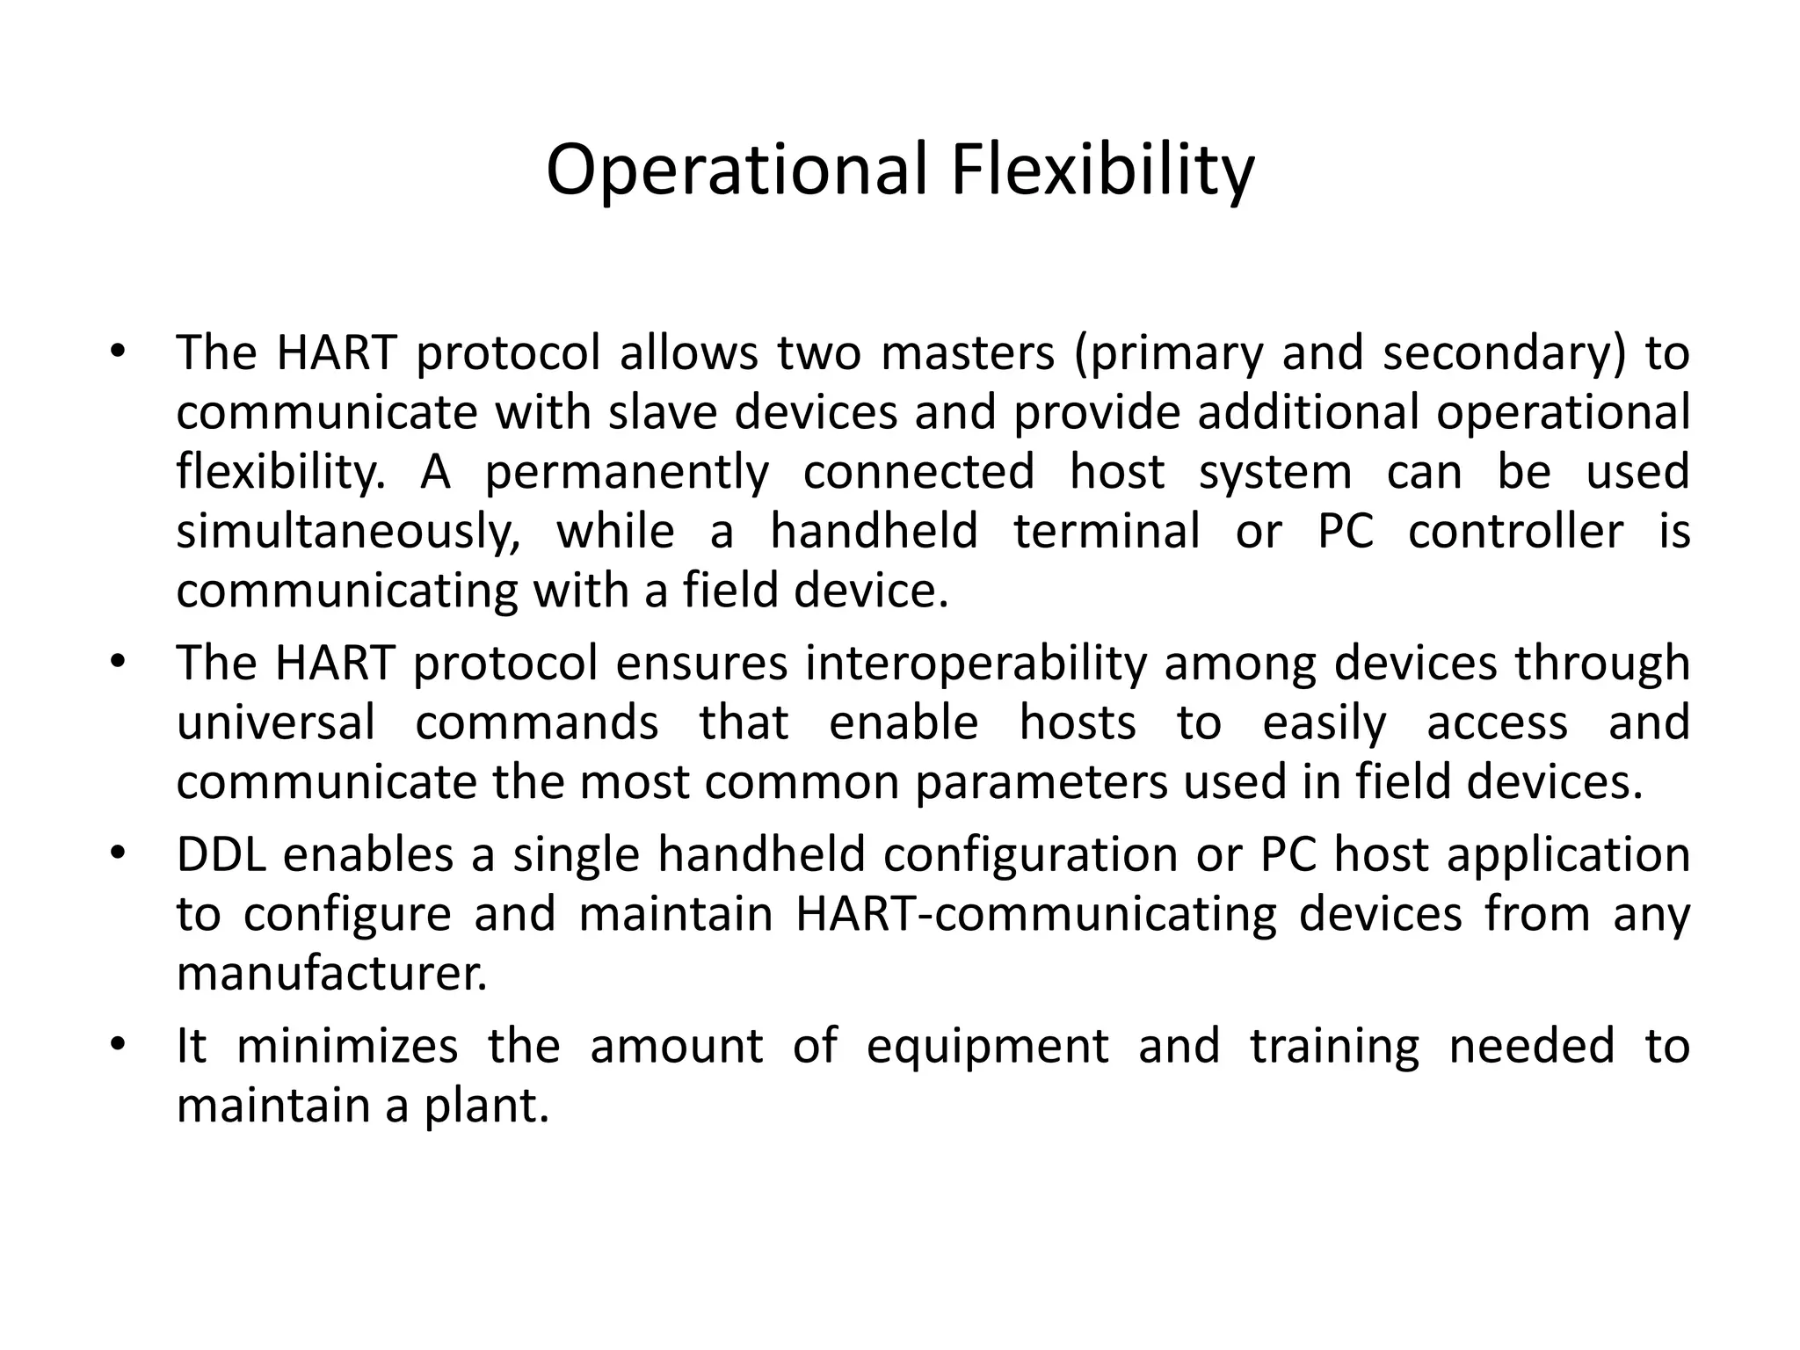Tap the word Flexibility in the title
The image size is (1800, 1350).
[1102, 170]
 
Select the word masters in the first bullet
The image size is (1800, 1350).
[967, 353]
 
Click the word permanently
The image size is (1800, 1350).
[627, 473]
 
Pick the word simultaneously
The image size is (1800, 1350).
[348, 533]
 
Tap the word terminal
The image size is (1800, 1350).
[1107, 532]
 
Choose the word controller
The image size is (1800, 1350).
[1515, 532]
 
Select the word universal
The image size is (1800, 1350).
[276, 723]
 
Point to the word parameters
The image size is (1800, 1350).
[1042, 782]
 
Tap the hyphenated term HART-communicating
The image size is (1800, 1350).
[1036, 914]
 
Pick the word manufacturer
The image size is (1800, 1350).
[331, 974]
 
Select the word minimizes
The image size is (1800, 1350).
[347, 1047]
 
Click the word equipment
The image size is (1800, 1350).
[987, 1047]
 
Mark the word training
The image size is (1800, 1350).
[1334, 1047]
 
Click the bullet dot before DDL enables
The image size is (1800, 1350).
[120, 854]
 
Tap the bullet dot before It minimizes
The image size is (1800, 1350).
[120, 1046]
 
